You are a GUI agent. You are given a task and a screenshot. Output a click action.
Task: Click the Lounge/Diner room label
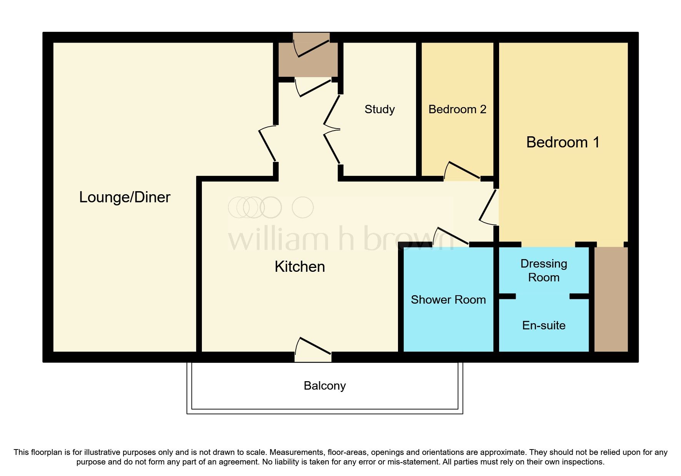tap(125, 197)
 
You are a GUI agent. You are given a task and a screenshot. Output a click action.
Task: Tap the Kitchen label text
tap(300, 267)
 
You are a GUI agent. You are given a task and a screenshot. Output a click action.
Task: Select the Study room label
tap(380, 109)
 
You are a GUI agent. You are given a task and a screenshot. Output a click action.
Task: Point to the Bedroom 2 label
tap(457, 109)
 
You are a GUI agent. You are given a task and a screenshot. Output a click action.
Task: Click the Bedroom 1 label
tap(563, 142)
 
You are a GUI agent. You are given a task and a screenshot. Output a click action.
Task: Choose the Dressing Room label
tap(544, 271)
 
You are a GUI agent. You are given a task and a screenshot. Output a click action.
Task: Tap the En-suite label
tap(544, 326)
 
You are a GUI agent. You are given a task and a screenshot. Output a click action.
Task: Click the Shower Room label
tap(448, 300)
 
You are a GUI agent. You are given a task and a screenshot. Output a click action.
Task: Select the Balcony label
tap(325, 386)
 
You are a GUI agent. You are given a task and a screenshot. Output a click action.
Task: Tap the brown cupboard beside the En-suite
tap(611, 299)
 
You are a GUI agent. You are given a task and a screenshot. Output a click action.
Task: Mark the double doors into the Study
tap(331, 129)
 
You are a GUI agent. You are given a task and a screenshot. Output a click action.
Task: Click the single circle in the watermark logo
tap(303, 208)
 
